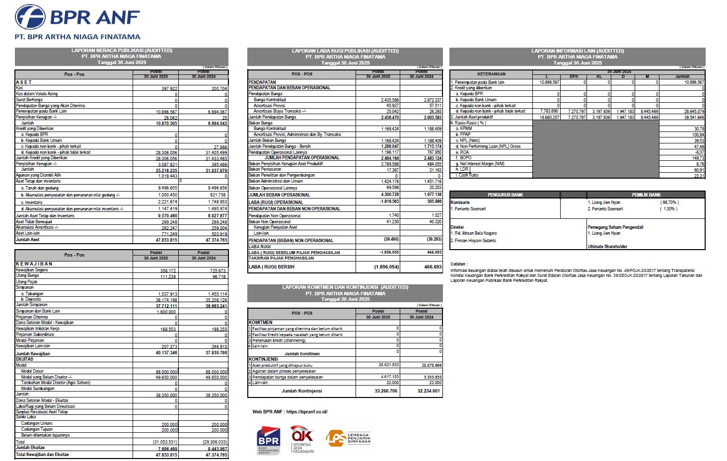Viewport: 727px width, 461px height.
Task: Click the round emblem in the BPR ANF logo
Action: (30, 17)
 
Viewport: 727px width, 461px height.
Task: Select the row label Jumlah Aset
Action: (28, 240)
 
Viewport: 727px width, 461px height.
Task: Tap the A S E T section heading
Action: (23, 82)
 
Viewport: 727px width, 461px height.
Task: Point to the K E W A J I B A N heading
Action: (34, 264)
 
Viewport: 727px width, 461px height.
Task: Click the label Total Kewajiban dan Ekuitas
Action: (42, 455)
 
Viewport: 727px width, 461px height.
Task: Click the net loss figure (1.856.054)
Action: (386, 267)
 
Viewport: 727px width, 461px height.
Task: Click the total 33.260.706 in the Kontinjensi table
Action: (386, 391)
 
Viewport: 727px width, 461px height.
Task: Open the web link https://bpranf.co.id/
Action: (307, 412)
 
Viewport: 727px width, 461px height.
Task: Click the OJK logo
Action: (302, 439)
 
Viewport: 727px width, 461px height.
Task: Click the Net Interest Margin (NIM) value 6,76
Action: (700, 164)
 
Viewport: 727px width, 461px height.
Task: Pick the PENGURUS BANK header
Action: (505, 195)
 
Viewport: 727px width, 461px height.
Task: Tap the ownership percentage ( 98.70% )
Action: (669, 202)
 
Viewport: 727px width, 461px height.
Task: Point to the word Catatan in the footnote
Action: (459, 264)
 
